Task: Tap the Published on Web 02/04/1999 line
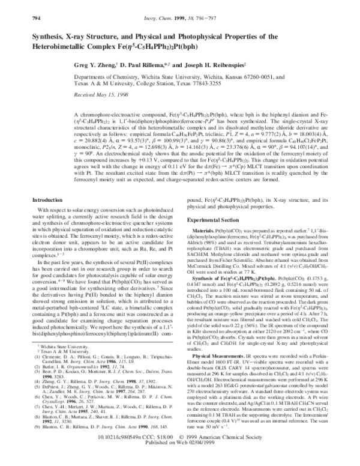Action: [179, 460]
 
